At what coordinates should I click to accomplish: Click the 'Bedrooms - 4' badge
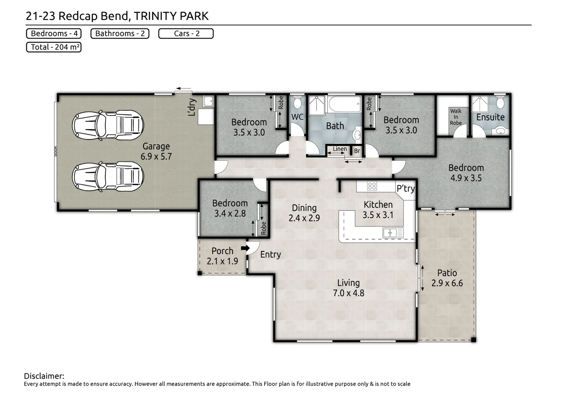click(x=54, y=34)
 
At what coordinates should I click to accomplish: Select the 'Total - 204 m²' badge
click(x=54, y=47)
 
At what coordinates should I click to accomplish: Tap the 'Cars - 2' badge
click(x=186, y=34)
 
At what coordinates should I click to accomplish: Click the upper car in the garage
click(x=108, y=125)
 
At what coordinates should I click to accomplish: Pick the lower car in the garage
click(x=108, y=176)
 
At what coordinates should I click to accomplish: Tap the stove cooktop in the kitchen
click(x=372, y=186)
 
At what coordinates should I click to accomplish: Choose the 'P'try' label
click(x=406, y=189)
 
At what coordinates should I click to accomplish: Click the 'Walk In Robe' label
click(x=456, y=117)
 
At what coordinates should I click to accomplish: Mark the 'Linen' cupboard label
click(x=339, y=149)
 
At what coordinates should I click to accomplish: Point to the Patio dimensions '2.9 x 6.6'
click(x=447, y=283)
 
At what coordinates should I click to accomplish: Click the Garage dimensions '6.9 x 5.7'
click(x=156, y=157)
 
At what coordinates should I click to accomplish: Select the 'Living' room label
click(x=348, y=283)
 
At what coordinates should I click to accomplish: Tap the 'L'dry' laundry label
click(x=192, y=107)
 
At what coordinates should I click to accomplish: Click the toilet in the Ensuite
click(x=500, y=103)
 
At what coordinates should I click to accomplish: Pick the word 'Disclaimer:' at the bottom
click(x=44, y=376)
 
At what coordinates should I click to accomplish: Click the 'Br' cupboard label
click(x=357, y=151)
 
